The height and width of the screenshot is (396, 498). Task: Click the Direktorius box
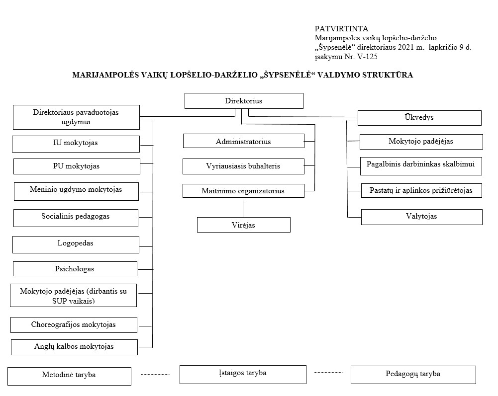[244, 101]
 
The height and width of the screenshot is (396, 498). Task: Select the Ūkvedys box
[419, 118]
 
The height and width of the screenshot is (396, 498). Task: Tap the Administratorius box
[244, 141]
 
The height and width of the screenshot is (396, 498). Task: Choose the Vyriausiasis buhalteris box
[243, 166]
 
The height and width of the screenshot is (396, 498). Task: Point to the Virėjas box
[244, 225]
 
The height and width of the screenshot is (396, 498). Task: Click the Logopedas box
[76, 244]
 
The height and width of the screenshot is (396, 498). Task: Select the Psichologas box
[75, 269]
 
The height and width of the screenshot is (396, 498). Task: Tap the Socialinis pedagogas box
[76, 218]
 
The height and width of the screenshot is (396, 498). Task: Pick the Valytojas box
[422, 217]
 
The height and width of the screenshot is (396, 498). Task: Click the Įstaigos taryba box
[243, 375]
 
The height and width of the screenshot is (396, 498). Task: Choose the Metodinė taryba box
[69, 376]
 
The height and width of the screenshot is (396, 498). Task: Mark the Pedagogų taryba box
[413, 375]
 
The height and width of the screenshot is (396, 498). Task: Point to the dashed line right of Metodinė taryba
[155, 375]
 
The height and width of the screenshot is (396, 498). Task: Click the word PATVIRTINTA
[341, 29]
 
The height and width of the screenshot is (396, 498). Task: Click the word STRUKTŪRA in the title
[388, 75]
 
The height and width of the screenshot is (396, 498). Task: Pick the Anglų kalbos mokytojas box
[74, 347]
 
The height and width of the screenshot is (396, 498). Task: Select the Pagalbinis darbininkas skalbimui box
[421, 166]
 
